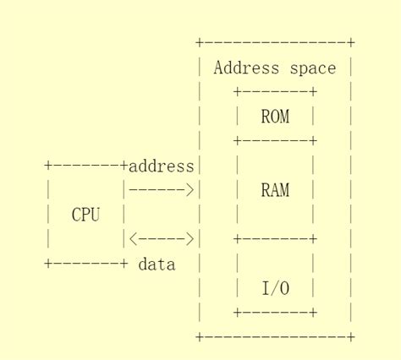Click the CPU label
86,215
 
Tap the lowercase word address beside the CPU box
162,166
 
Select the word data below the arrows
157,265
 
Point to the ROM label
275,117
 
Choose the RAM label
275,191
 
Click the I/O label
275,289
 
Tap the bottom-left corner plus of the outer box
200,337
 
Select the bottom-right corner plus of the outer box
351,337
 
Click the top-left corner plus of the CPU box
48,166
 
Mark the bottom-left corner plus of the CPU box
48,265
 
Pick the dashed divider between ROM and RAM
275,141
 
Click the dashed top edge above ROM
275,92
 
